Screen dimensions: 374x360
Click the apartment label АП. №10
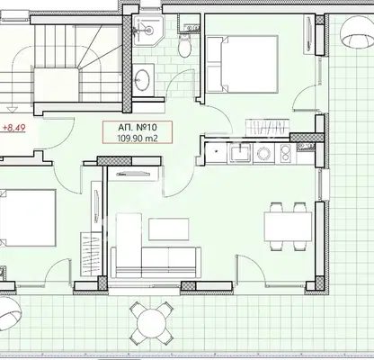(x=138, y=127)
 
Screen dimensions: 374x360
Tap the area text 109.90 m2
(x=138, y=138)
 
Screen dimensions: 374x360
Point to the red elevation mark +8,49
(x=14, y=128)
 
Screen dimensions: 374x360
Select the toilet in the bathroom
(x=184, y=46)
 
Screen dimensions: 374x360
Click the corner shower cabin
(x=147, y=31)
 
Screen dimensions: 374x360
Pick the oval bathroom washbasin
(x=142, y=79)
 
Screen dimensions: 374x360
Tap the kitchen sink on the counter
(x=240, y=153)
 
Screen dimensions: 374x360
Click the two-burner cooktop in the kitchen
(x=287, y=154)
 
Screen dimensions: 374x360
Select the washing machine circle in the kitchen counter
(x=264, y=154)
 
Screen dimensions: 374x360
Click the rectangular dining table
(x=288, y=227)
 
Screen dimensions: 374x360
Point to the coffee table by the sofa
(x=169, y=229)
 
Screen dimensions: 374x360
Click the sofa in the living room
(x=156, y=246)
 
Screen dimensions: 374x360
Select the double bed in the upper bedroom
(x=242, y=64)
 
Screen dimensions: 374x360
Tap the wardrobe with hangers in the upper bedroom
(x=268, y=127)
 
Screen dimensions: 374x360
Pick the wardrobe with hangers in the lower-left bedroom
(x=92, y=254)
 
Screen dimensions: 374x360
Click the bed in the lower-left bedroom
(x=28, y=218)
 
